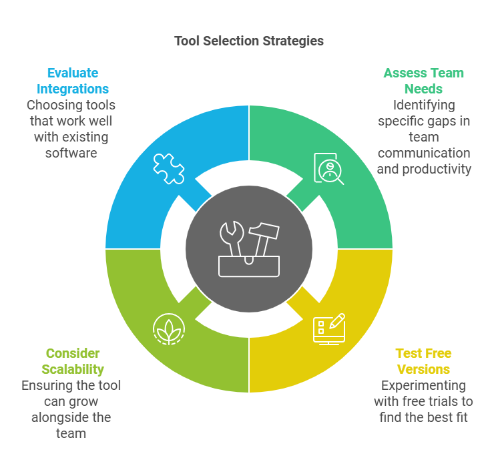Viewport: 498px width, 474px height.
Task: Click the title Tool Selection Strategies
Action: tap(249, 41)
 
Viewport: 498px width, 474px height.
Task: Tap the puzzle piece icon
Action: tap(169, 169)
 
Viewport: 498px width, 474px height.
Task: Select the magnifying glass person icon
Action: tap(328, 168)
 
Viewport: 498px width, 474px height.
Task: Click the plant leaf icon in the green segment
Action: tap(169, 329)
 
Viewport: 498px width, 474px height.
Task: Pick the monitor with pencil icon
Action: tap(329, 329)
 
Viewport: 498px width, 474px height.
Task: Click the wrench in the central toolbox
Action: tap(232, 238)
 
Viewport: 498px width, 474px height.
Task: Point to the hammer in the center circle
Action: tap(264, 239)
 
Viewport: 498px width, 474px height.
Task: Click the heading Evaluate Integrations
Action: tap(73, 81)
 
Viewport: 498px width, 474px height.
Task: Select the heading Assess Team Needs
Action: tap(423, 81)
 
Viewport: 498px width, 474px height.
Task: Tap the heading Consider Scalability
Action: tap(73, 362)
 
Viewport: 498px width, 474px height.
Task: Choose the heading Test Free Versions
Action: tap(423, 362)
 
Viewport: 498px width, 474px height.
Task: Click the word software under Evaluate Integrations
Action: tap(71, 153)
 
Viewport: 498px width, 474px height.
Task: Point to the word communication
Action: tap(424, 153)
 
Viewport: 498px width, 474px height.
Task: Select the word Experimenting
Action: tap(423, 386)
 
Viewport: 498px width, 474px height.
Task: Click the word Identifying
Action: tap(424, 105)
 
